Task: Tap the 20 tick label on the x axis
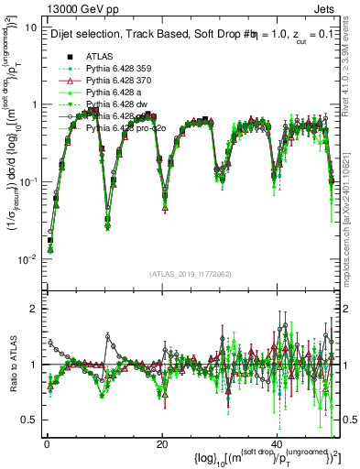pyautogui.click(x=162, y=445)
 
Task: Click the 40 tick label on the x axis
pyautogui.click(x=277, y=445)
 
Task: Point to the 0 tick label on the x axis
pyautogui.click(x=47, y=445)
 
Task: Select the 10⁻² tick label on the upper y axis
pyautogui.click(x=27, y=258)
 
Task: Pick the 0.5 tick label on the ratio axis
pyautogui.click(x=29, y=420)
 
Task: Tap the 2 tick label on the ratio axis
pyautogui.click(x=34, y=309)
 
